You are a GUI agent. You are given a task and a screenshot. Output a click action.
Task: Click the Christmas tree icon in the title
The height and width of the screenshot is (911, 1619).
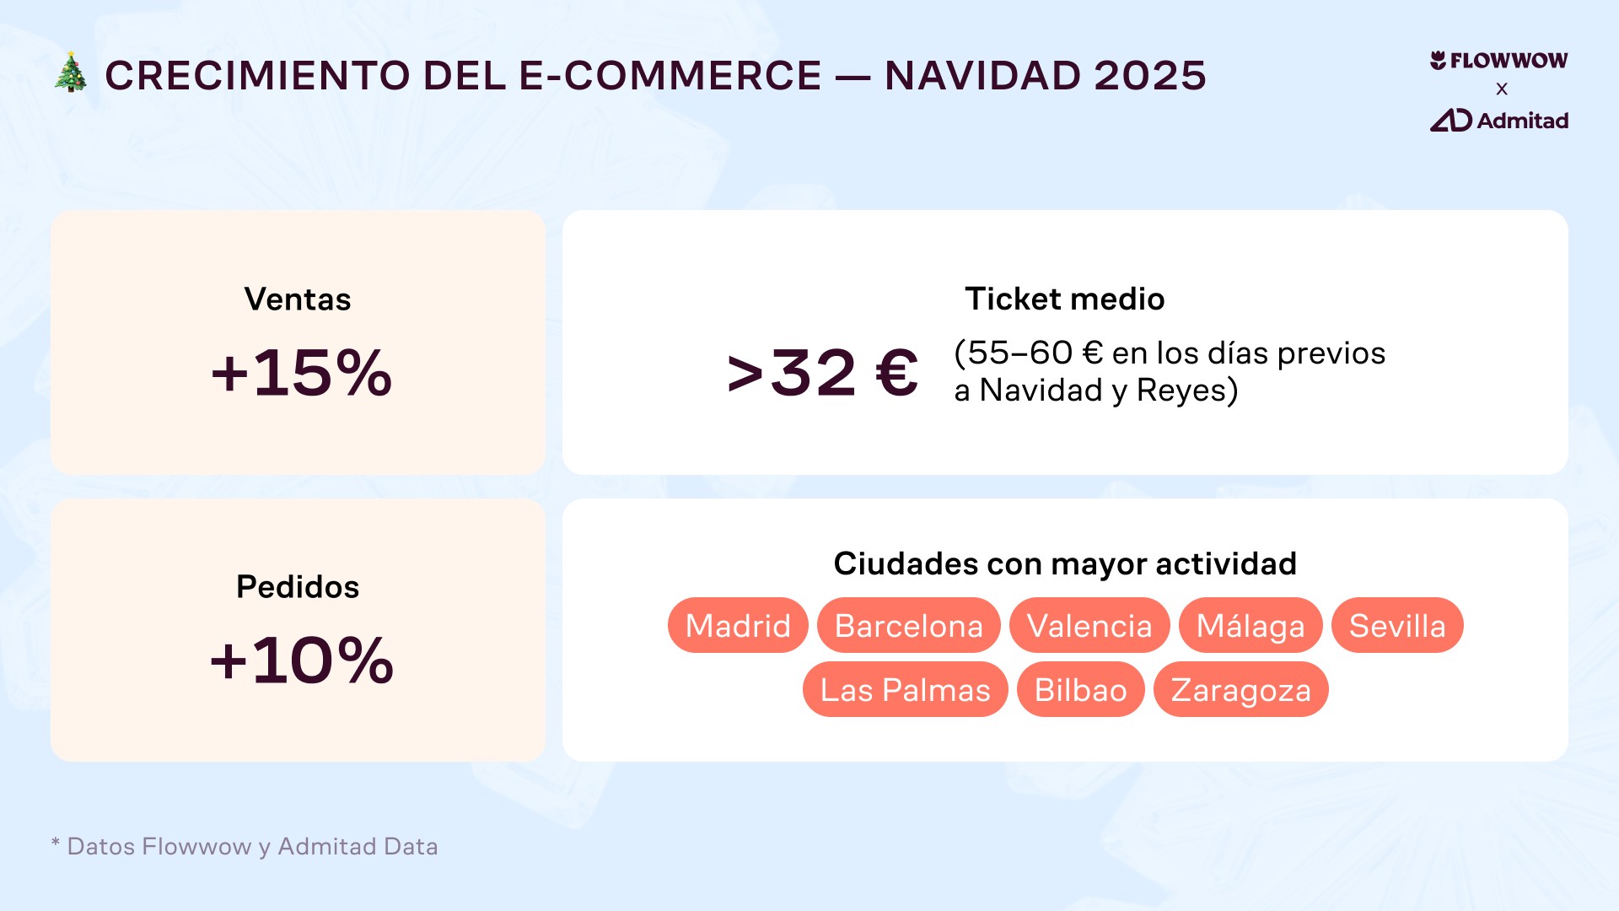point(71,73)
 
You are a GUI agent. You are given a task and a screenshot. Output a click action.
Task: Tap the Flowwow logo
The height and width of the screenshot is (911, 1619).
point(1498,61)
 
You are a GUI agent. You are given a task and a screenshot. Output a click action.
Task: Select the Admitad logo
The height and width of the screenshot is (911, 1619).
point(1498,121)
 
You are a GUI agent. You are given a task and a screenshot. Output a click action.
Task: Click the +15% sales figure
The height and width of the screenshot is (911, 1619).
point(301,373)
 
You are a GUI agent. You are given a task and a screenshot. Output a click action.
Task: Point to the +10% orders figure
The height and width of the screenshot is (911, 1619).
point(301,660)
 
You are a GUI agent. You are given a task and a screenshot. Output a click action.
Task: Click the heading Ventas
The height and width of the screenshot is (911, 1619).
point(298,299)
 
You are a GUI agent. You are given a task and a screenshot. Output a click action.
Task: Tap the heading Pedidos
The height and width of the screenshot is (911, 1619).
point(298,587)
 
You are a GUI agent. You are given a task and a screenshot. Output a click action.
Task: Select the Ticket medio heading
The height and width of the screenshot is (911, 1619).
point(1064,299)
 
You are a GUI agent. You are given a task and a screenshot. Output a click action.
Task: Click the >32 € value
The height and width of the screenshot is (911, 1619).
point(822,373)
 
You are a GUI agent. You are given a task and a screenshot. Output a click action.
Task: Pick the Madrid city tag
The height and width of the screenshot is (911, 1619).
point(738,626)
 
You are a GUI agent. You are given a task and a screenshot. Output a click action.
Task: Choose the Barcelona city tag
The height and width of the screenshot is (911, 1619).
point(908,626)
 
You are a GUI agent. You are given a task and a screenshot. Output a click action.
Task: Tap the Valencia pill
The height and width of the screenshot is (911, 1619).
point(1089,626)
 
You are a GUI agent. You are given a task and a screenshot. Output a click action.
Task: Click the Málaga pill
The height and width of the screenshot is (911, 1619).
point(1251,626)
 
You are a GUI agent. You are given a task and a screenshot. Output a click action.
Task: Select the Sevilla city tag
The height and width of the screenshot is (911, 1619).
point(1397,626)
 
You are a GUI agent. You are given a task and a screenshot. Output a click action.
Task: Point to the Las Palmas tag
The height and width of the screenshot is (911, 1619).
point(905,690)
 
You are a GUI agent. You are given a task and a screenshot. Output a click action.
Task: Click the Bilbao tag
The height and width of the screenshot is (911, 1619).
point(1080,690)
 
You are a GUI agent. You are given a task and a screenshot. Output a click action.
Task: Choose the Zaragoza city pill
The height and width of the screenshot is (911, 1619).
point(1240,690)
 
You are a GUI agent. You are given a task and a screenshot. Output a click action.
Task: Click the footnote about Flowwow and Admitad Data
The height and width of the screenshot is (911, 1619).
point(245,846)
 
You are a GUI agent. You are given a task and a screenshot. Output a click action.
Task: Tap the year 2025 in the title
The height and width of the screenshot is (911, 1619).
point(1149,76)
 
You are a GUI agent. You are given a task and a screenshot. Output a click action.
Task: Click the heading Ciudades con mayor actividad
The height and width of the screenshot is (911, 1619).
point(1064,563)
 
